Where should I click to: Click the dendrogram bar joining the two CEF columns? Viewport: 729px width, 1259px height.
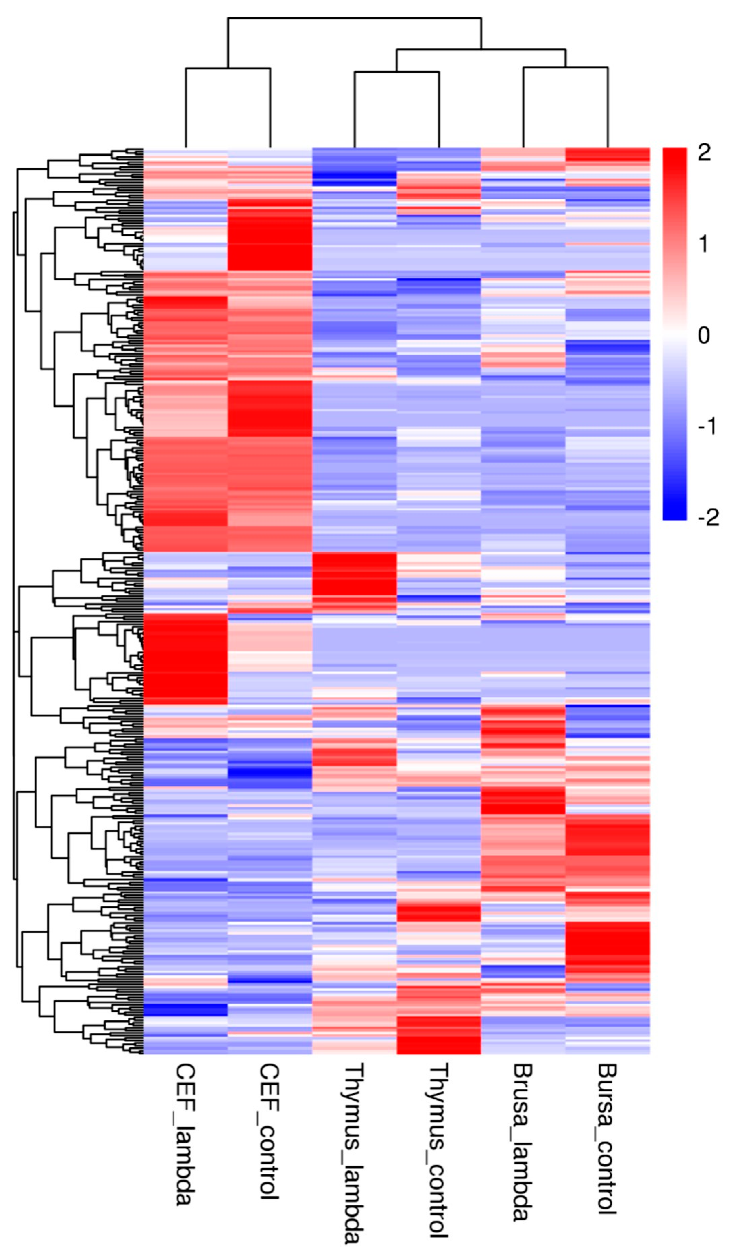[x=228, y=68]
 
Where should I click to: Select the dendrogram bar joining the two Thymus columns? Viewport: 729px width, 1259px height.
[x=396, y=72]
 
